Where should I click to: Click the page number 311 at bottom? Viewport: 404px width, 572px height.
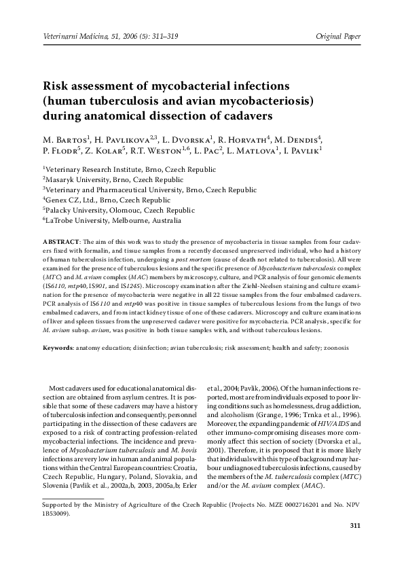point(354,526)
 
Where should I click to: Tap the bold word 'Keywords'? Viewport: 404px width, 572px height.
point(58,347)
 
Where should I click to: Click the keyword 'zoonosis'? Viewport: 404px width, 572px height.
point(336,347)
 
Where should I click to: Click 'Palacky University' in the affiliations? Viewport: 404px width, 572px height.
point(79,211)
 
